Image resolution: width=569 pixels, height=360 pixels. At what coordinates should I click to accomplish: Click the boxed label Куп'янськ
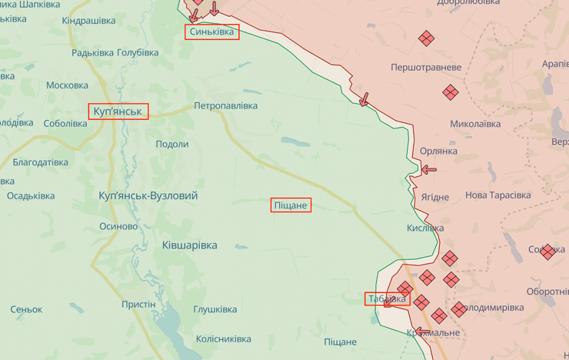[x=118, y=112]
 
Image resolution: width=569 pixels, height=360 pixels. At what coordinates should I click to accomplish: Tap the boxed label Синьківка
[x=211, y=32]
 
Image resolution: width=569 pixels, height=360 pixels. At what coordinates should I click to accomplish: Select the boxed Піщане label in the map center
[x=291, y=205]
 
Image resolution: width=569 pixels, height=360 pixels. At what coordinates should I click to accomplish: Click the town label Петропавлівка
[x=225, y=105]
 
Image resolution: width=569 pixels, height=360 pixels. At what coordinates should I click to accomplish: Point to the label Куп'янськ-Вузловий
[x=148, y=196]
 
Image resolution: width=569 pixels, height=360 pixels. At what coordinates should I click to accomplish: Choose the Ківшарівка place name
[x=189, y=245]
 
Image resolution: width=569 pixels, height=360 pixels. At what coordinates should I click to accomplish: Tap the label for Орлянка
[x=438, y=151]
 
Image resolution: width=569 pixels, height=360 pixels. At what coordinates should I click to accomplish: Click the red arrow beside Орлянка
[x=428, y=169]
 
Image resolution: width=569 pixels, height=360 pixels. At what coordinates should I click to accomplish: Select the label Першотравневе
[x=426, y=68]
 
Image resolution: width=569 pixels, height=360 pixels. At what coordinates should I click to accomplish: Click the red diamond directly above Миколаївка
[x=451, y=92]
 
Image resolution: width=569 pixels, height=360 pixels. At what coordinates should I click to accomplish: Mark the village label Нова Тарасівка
[x=497, y=195]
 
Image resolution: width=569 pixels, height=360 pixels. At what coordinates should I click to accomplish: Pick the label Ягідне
[x=434, y=197]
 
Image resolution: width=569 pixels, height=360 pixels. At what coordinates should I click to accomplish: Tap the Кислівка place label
[x=425, y=228]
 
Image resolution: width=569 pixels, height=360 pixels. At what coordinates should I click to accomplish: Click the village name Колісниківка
[x=223, y=338]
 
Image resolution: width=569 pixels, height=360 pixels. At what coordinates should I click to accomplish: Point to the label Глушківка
[x=215, y=309]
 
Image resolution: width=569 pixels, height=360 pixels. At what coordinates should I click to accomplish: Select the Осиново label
[x=118, y=226]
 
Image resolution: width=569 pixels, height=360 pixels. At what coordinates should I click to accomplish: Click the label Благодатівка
[x=40, y=162]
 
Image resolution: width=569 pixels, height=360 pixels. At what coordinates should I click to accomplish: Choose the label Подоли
[x=171, y=144]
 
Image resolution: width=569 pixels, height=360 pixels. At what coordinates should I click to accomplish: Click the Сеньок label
[x=26, y=309]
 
